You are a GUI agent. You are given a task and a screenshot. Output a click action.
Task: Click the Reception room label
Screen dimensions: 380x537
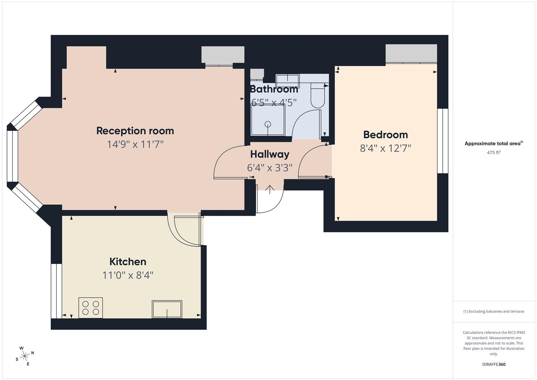135,131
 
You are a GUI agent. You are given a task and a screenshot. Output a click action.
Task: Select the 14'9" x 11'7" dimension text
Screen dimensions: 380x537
135,144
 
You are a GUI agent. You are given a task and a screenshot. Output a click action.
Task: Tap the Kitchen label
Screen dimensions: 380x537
128,261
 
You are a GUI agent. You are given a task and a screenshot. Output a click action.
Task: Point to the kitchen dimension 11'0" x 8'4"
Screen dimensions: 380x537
128,275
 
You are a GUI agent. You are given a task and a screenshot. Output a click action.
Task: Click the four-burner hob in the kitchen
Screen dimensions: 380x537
91,308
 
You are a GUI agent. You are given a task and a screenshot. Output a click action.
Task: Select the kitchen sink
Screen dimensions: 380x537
167,309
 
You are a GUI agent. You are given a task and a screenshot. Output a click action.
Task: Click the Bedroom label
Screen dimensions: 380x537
385,134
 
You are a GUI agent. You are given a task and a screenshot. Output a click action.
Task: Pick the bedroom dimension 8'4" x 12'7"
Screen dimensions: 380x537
385,148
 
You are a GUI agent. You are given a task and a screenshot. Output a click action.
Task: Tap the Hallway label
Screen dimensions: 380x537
270,154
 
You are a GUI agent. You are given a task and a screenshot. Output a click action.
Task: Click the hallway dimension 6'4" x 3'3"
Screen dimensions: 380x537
270,167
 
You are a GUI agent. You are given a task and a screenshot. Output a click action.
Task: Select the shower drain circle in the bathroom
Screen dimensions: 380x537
268,124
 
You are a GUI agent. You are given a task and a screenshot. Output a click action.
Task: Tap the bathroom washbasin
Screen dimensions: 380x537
287,81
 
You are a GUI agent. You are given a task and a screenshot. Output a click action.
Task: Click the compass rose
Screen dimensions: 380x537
25,356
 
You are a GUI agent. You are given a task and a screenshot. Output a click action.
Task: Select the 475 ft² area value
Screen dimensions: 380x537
494,153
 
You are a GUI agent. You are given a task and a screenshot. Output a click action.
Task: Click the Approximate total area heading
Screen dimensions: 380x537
494,144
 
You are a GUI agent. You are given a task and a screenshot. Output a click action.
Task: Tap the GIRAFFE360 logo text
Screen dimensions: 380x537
494,364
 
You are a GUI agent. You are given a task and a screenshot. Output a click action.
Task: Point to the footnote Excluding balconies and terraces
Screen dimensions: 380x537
494,311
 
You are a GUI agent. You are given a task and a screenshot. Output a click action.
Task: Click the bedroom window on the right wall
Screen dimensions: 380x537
443,141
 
